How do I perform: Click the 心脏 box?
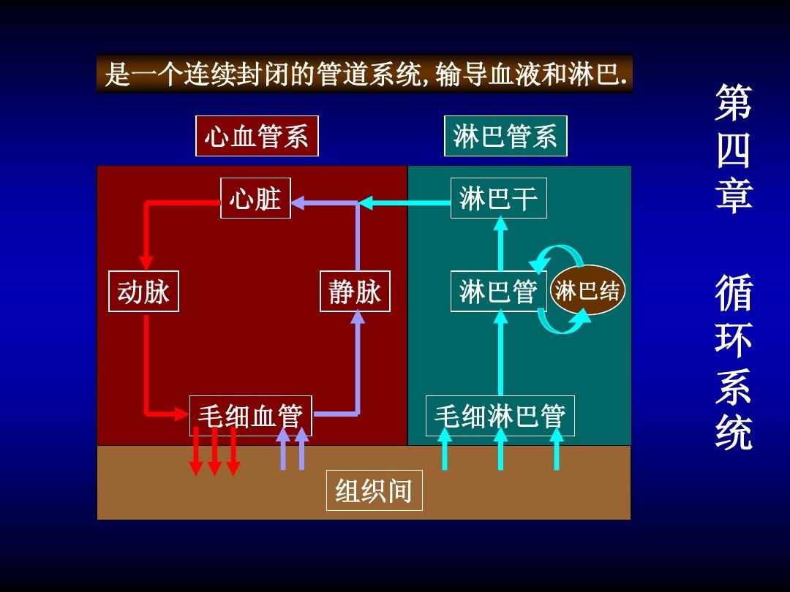(255, 198)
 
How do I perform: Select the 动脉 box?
(143, 292)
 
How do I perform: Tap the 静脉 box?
(355, 292)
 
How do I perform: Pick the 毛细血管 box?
(250, 416)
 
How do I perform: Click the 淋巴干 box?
(498, 198)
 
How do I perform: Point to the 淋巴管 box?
(498, 292)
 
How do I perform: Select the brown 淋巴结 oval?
(587, 291)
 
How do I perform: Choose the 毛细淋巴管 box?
(500, 416)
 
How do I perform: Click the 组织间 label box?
(374, 490)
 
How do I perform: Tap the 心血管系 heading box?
(257, 136)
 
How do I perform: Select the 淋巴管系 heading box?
(505, 136)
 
